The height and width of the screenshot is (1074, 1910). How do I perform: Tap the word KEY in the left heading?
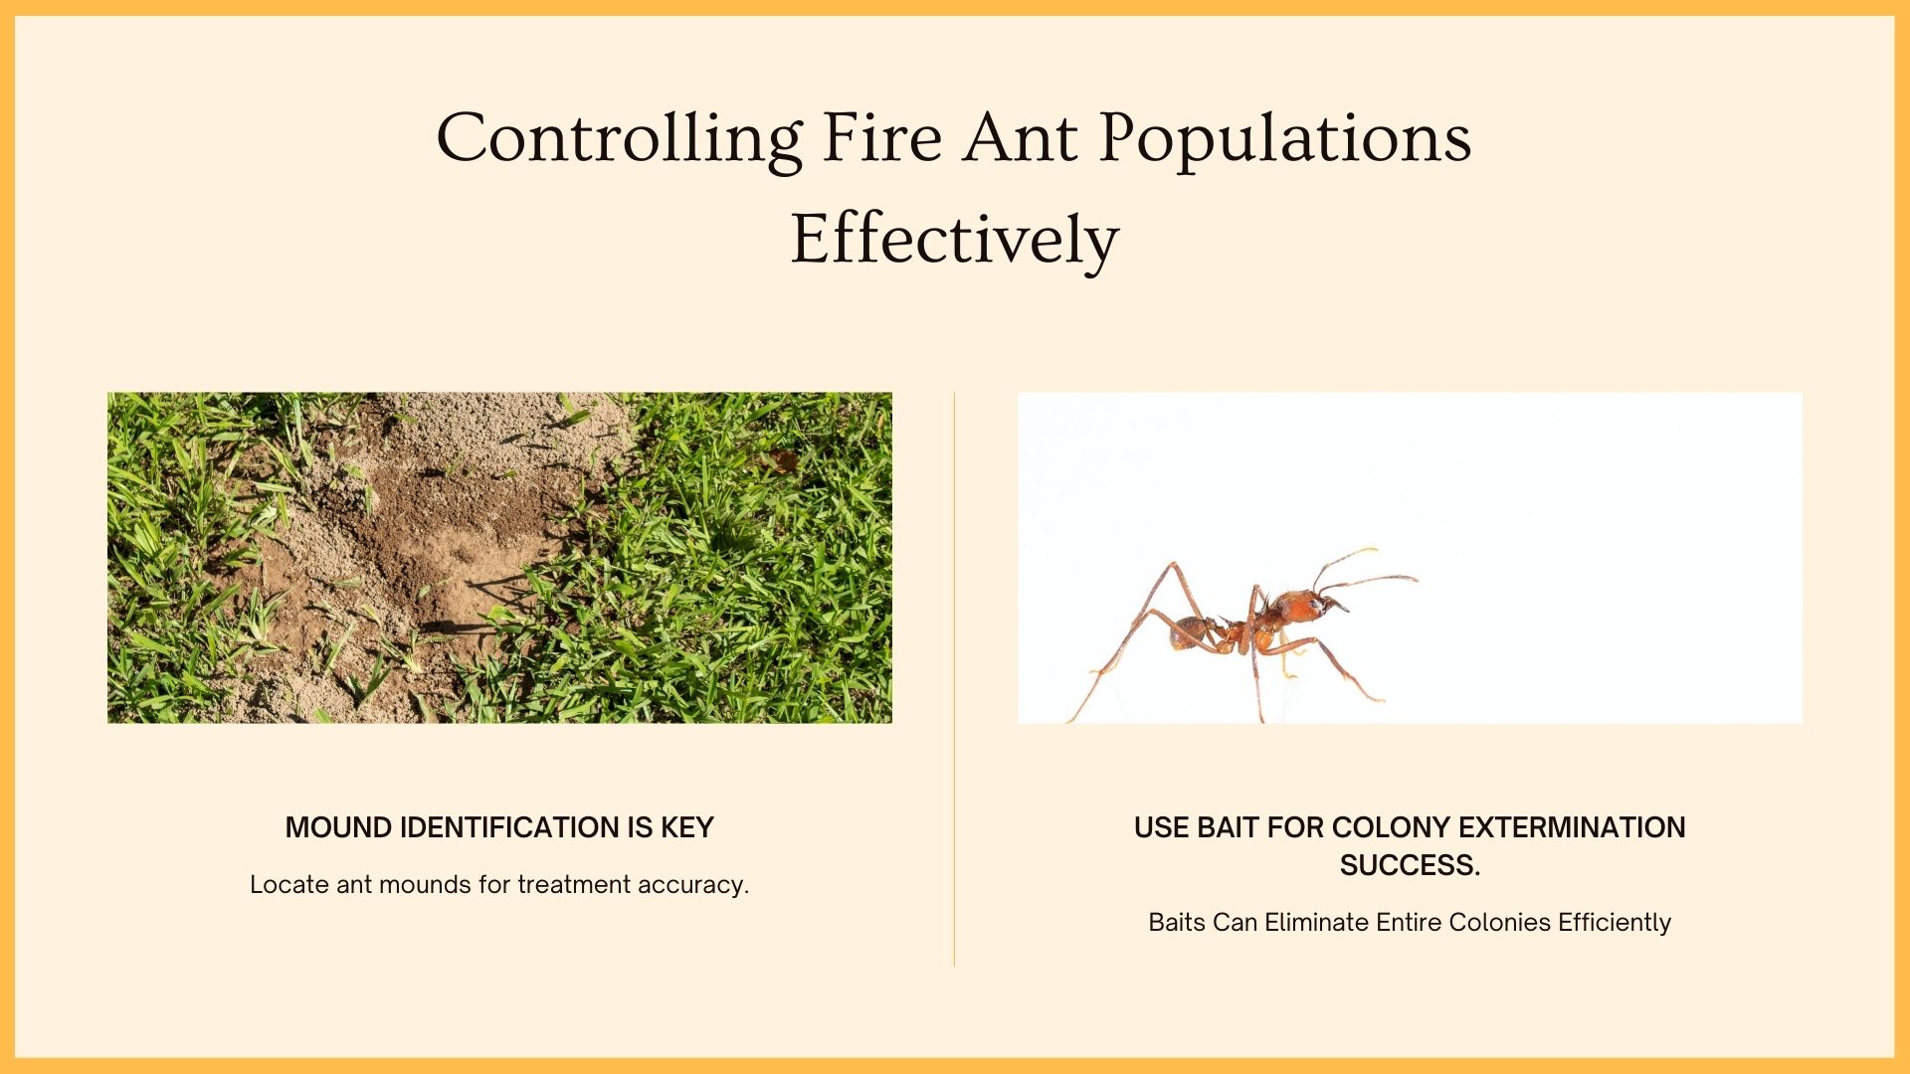(x=687, y=827)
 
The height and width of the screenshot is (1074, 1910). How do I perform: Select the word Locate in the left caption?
(x=289, y=884)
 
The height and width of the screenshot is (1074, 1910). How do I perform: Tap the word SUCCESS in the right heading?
(x=1408, y=865)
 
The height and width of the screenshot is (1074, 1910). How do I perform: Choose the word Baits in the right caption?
(x=1176, y=922)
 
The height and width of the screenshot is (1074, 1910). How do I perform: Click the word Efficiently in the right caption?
(x=1615, y=923)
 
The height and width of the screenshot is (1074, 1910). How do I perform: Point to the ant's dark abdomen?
(x=1188, y=630)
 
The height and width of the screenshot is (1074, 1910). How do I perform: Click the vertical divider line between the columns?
(x=954, y=676)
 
